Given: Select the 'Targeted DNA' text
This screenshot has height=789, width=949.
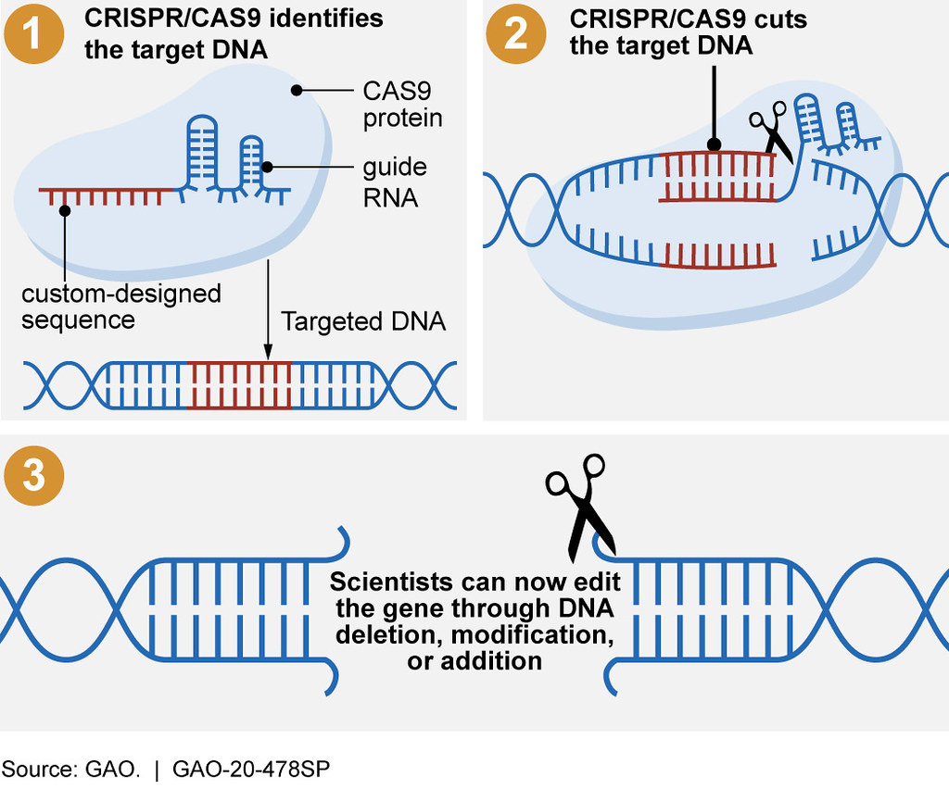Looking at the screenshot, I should (363, 321).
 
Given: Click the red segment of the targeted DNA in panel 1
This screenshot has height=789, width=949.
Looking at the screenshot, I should (239, 384).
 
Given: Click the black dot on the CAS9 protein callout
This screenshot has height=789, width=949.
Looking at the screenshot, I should (297, 90).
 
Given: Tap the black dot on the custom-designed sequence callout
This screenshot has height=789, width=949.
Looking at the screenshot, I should (64, 211).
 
